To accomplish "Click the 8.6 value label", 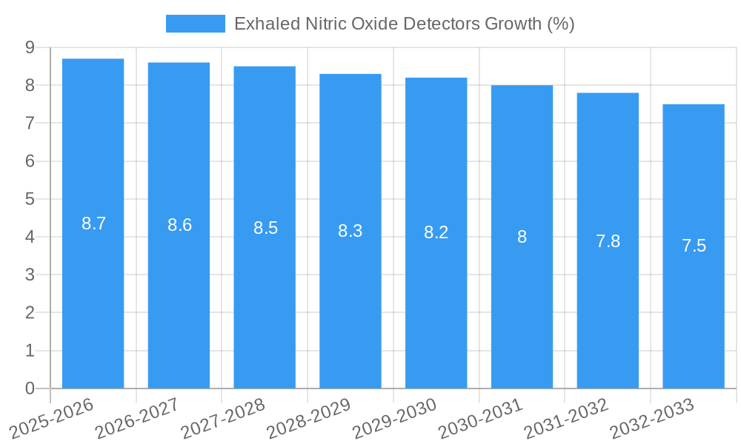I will point(179,226).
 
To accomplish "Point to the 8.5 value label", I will point(265,228).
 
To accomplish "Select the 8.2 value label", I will point(436,232).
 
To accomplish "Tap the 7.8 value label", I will point(608,240).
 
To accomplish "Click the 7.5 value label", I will point(694,246).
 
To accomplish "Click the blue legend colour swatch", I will point(196,24).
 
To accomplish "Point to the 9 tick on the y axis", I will point(30,47).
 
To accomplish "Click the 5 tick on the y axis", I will point(30,199).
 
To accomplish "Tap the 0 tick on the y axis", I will point(30,388).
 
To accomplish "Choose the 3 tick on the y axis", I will point(30,275).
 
